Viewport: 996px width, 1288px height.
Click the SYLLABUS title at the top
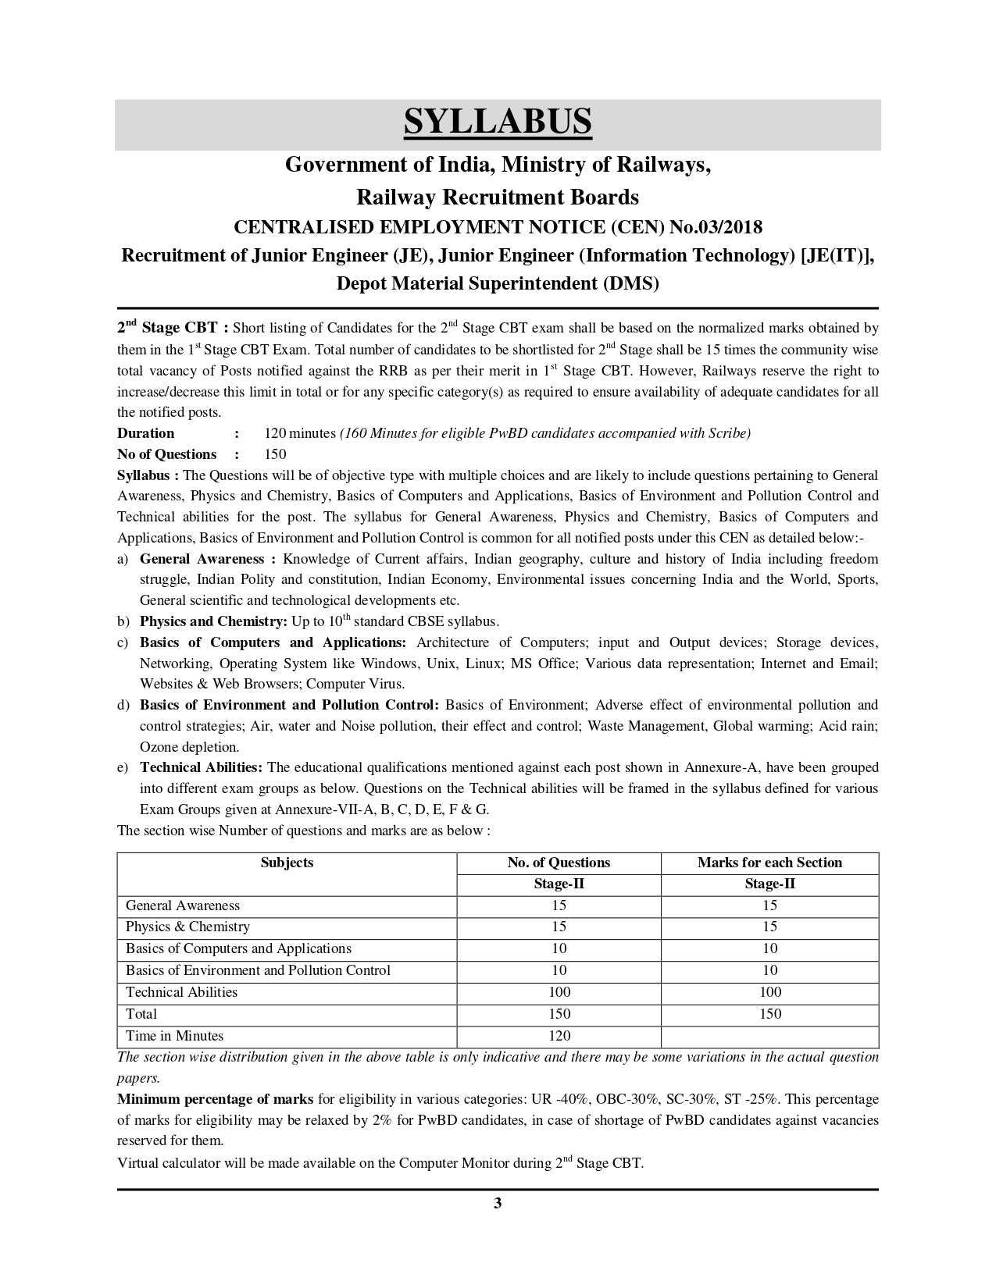click(x=498, y=123)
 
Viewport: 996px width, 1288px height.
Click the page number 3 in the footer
click(x=498, y=1203)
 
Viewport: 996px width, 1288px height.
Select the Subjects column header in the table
click(x=287, y=863)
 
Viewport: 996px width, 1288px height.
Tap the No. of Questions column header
click(x=559, y=863)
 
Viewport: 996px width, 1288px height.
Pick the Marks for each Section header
click(x=769, y=863)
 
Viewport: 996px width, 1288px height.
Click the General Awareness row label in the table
click(x=183, y=906)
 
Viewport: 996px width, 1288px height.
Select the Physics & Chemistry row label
click(x=187, y=927)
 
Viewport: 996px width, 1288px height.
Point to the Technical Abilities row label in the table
click(x=181, y=992)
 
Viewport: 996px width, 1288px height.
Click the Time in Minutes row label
click(x=174, y=1036)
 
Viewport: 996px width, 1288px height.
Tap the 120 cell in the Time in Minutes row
click(x=559, y=1036)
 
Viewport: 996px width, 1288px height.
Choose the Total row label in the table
click(x=141, y=1014)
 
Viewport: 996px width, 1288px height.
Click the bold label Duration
click(x=146, y=433)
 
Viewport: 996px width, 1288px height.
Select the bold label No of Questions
click(x=166, y=454)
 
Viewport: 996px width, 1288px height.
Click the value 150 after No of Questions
click(x=275, y=454)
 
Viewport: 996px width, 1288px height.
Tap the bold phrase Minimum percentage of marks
click(x=215, y=1099)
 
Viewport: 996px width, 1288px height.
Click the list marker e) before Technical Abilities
click(x=123, y=768)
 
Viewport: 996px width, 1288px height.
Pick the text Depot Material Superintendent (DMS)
click(x=498, y=283)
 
